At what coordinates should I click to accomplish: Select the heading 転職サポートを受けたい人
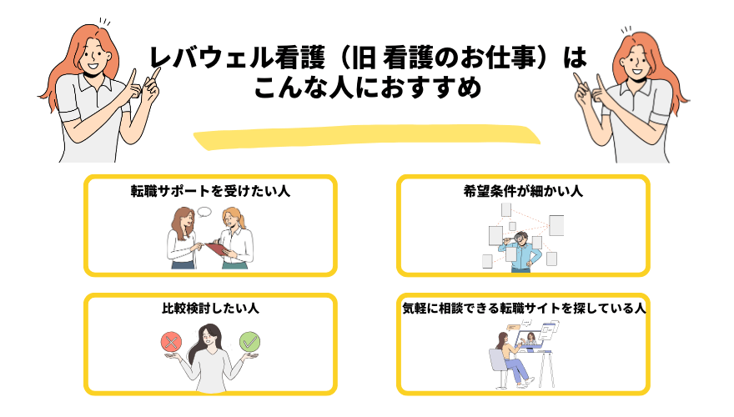[x=209, y=191]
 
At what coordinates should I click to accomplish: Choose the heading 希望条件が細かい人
[x=523, y=191]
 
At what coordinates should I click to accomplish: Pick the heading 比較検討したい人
[x=209, y=309]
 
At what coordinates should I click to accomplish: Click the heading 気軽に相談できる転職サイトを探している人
[x=523, y=309]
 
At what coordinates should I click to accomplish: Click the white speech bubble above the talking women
[x=204, y=213]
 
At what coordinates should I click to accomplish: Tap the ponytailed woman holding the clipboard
[x=236, y=238]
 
